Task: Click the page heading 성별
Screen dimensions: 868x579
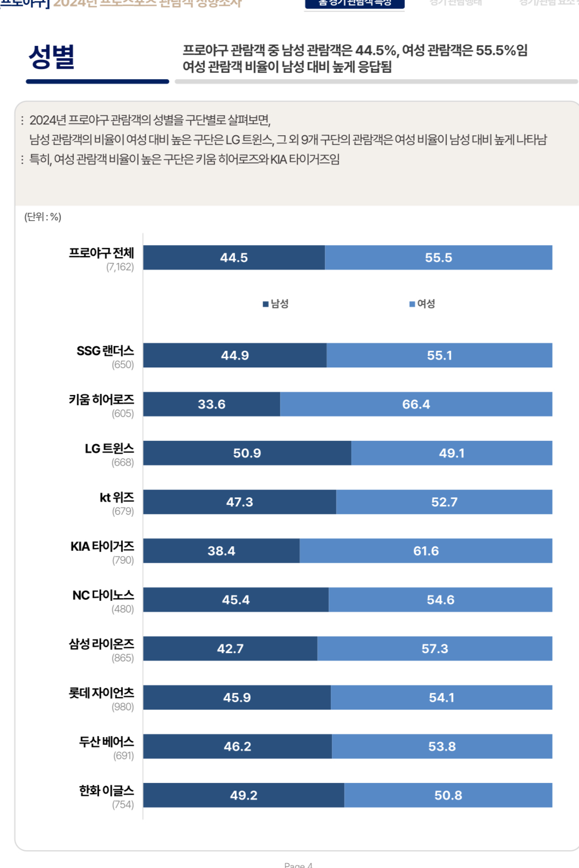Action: [52, 57]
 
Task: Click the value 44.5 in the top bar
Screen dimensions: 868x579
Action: [233, 258]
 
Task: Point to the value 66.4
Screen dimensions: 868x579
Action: [416, 404]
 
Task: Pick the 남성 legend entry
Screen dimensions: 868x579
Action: [275, 304]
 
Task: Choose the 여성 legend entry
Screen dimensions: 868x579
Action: [422, 304]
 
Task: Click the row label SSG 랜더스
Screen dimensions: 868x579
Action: [105, 351]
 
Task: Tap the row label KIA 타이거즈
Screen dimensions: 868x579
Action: [102, 546]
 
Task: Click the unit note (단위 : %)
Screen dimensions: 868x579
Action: [43, 217]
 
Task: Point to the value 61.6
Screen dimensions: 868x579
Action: [425, 551]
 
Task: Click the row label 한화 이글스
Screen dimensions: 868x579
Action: [106, 790]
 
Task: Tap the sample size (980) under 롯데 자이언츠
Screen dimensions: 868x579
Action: [122, 707]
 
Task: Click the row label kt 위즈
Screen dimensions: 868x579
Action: [116, 497]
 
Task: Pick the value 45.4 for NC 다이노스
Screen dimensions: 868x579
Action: [236, 600]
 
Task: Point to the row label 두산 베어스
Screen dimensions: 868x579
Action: [106, 741]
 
